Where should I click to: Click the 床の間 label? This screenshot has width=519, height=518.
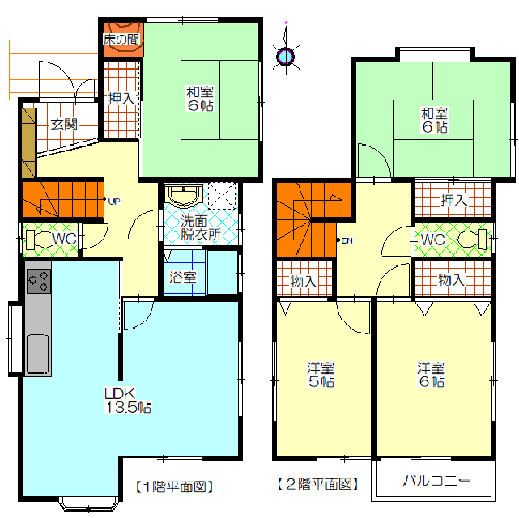[121, 40]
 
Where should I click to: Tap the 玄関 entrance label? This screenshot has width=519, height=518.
[64, 125]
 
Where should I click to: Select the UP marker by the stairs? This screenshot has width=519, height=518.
[114, 201]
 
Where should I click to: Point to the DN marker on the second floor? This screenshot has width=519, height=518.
[347, 241]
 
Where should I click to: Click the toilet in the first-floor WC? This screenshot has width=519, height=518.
[38, 240]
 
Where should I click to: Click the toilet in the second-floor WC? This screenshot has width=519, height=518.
[472, 239]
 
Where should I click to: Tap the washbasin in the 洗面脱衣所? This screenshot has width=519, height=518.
[183, 194]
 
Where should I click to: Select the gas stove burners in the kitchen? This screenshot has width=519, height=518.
[39, 281]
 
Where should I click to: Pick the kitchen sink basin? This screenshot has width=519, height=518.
[38, 354]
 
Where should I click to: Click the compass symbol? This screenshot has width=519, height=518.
[286, 56]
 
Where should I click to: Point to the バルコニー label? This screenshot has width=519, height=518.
[436, 481]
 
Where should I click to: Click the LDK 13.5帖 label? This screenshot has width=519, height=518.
[128, 401]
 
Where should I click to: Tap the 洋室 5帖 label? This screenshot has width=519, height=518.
[321, 375]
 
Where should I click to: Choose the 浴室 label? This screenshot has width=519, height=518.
[183, 278]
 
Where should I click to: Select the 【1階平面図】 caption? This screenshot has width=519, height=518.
[174, 486]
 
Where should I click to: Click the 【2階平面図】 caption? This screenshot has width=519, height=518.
[317, 484]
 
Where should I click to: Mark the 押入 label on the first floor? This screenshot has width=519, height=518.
[121, 98]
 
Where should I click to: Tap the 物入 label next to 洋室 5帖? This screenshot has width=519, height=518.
[304, 282]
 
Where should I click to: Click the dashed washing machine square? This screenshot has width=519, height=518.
[222, 196]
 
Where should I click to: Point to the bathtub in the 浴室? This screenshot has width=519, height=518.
[223, 272]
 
